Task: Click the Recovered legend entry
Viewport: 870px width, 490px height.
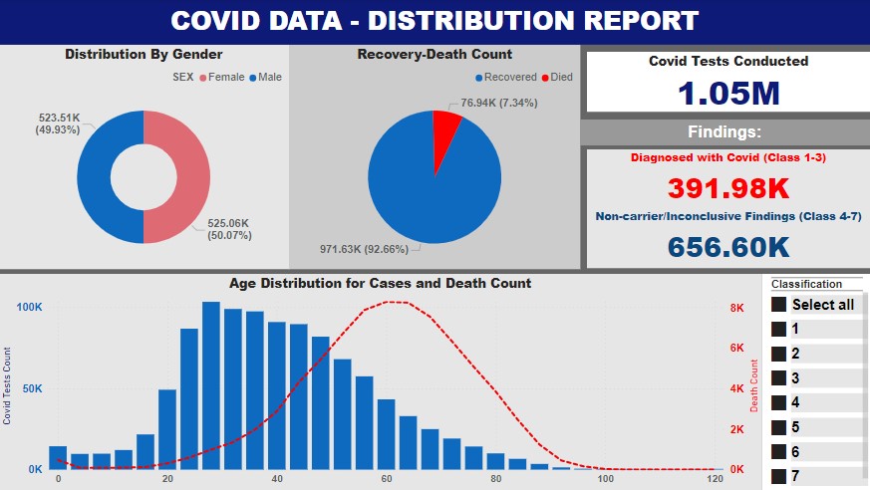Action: click(505, 77)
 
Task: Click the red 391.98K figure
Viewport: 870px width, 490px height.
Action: click(728, 188)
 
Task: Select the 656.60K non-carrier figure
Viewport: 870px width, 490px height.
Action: click(728, 246)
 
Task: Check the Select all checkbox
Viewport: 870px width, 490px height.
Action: click(779, 305)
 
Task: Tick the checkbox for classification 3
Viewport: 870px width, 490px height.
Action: click(779, 378)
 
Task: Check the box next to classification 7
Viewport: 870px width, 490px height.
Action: click(779, 476)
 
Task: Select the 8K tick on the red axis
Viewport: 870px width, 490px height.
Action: click(736, 309)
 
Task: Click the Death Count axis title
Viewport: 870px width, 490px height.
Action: click(754, 388)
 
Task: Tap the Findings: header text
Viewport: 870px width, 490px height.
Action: click(725, 132)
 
